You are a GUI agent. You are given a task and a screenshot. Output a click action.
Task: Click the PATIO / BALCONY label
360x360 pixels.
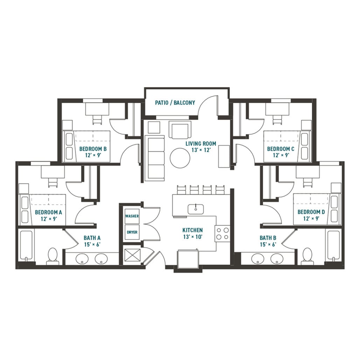click(x=175, y=103)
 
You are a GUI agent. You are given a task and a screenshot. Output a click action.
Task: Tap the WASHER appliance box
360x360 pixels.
click(x=132, y=216)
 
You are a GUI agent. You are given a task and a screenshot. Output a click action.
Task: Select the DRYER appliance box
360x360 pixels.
click(x=132, y=232)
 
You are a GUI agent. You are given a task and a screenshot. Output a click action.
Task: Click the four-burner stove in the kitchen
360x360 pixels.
click(x=223, y=234)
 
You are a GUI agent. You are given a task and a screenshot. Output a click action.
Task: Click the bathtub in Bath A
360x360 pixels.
click(x=27, y=245)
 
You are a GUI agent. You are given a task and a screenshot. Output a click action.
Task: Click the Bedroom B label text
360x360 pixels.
click(x=93, y=149)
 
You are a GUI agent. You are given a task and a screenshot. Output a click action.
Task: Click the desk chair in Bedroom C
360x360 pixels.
click(x=277, y=120)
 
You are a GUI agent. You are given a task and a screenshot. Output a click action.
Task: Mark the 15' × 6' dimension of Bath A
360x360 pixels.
click(x=92, y=244)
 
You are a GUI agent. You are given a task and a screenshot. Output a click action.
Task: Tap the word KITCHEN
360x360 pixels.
click(x=192, y=230)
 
